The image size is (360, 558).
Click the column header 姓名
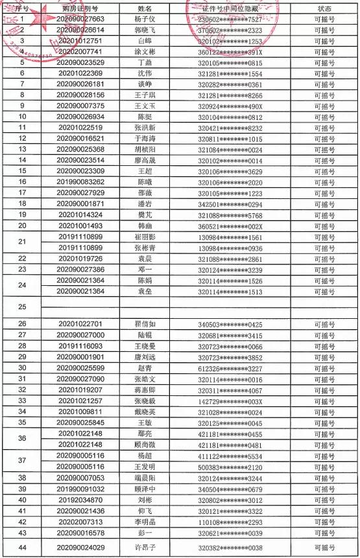(145, 9)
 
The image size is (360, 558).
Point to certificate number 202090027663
(80, 19)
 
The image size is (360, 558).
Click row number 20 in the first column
(22, 226)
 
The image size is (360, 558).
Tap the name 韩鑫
(145, 226)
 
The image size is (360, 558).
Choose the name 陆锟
(145, 334)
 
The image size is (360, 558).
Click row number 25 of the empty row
(22, 307)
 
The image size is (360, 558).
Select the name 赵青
(145, 367)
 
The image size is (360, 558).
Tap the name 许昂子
(145, 548)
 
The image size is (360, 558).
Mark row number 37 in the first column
(22, 461)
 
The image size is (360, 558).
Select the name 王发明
(145, 467)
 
